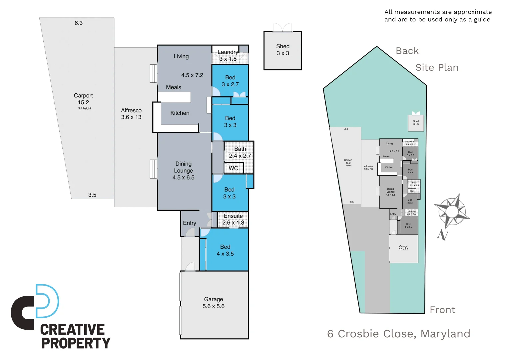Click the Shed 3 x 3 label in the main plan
[282, 50]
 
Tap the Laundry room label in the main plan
[228, 55]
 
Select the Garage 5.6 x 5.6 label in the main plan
[214, 303]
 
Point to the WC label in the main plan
[233, 168]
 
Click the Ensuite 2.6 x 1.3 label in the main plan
[233, 219]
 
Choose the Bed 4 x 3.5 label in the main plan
[225, 250]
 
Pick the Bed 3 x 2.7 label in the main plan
[230, 81]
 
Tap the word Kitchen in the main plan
[180, 113]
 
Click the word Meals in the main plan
[174, 87]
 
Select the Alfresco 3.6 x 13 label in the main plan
[131, 114]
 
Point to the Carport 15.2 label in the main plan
[83, 99]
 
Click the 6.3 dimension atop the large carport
[79, 23]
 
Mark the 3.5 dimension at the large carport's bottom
[92, 195]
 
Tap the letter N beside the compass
[443, 235]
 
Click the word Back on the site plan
[407, 51]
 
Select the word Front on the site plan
[442, 310]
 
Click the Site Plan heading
[437, 68]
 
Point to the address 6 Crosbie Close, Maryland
[398, 334]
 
